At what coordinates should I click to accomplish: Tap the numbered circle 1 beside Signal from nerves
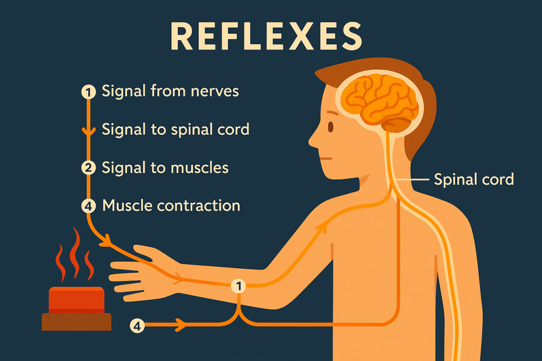point(88,92)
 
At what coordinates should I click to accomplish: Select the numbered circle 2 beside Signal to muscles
point(88,168)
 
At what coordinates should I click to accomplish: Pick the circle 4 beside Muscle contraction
point(88,206)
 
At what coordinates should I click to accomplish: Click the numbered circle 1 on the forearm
point(239,287)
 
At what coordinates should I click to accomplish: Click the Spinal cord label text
point(474,179)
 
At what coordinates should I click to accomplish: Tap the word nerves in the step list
point(215,91)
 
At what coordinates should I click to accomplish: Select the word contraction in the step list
point(199,206)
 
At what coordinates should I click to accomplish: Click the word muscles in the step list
point(199,168)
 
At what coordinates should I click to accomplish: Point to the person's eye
point(330,127)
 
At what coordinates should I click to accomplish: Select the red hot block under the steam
point(77,300)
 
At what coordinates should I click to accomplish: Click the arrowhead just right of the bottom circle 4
point(181,325)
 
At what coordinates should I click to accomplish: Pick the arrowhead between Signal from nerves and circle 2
point(88,132)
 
